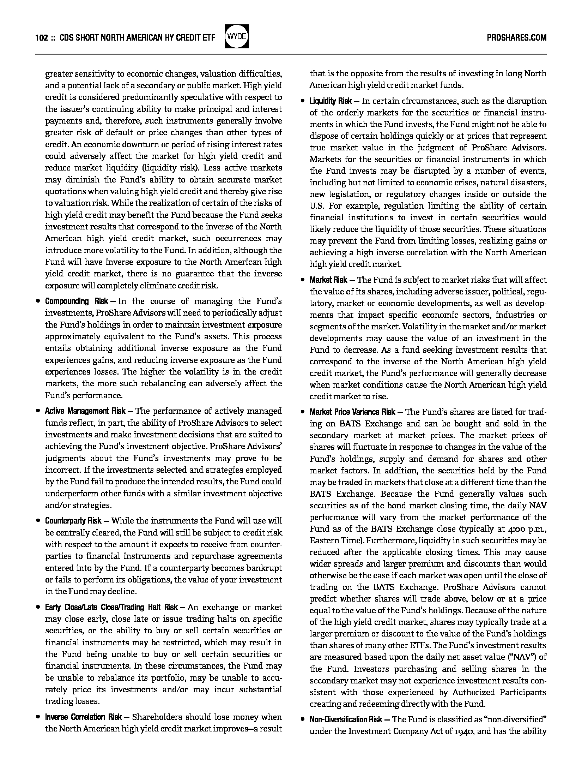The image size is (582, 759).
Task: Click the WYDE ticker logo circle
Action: pos(237,36)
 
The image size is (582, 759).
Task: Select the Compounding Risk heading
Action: pos(77,301)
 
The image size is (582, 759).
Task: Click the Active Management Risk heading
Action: pos(85,411)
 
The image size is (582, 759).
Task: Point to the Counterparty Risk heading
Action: pos(73,521)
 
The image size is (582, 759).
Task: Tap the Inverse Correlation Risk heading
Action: pos(84,717)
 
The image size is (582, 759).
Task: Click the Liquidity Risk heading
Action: pos(331,101)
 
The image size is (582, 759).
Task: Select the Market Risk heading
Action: pos(328,280)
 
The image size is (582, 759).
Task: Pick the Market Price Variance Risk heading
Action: pos(352,412)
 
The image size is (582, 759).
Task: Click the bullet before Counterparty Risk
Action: pos(38,521)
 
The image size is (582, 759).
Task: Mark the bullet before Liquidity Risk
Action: pos(302,102)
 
